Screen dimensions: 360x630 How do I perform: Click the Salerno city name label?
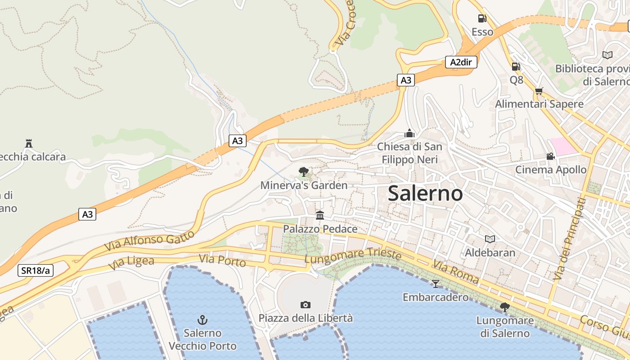pos(425,193)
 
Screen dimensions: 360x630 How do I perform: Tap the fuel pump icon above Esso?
pos(482,18)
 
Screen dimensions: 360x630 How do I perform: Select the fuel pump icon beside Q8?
pos(516,67)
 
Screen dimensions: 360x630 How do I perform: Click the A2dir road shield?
pos(461,62)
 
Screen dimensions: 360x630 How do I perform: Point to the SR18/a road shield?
pos(36,270)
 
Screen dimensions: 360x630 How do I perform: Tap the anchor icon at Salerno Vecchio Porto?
pos(202,320)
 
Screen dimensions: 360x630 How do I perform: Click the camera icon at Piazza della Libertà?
pos(306,305)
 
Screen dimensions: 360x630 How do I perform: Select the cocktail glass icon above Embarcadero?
pos(435,283)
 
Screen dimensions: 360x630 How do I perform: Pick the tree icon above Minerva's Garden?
pos(304,171)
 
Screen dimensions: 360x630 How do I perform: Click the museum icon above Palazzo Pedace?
pos(320,215)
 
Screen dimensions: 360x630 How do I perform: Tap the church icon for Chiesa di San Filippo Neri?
pos(409,133)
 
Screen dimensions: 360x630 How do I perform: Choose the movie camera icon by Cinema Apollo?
pos(550,156)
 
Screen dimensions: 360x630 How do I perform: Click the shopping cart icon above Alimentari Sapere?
pos(539,90)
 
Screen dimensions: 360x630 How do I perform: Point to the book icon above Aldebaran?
pos(490,239)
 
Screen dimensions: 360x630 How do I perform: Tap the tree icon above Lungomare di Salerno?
pos(504,307)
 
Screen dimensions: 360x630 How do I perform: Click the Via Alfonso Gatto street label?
pos(149,241)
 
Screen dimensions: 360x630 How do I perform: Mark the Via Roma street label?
pos(456,271)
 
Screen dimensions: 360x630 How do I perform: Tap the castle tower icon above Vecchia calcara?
pos(29,144)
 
